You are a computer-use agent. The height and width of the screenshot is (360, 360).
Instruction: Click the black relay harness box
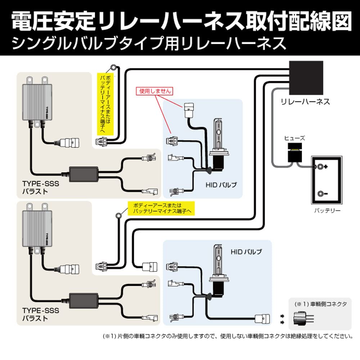click(306, 77)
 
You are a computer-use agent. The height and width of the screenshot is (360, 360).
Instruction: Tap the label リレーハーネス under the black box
click(305, 102)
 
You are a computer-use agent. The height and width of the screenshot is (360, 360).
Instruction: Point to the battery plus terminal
click(319, 167)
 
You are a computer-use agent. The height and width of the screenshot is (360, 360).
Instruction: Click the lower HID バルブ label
click(246, 252)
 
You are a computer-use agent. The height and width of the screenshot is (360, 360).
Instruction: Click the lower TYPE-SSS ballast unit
click(36, 231)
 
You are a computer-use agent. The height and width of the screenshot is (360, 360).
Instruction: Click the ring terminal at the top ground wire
click(114, 67)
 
